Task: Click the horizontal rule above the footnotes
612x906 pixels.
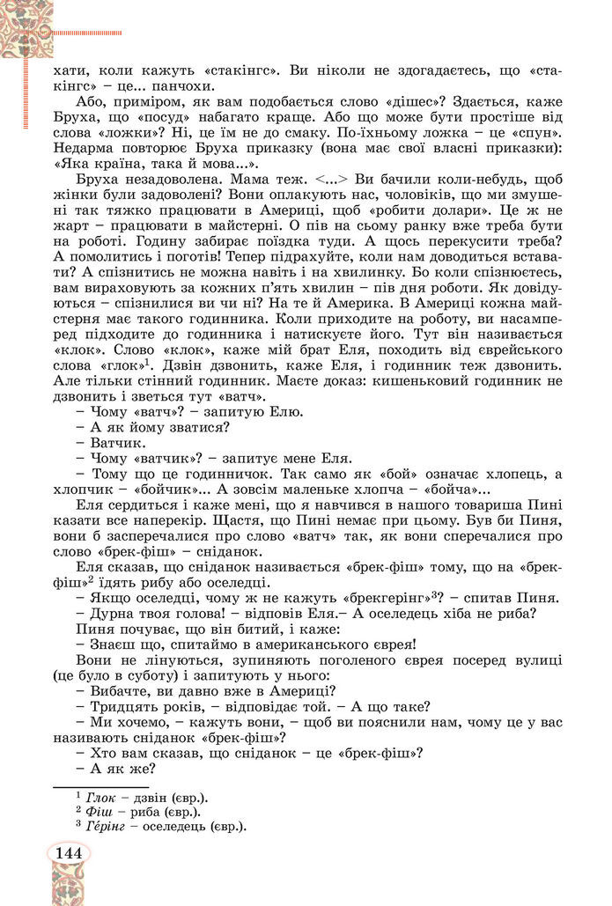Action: (x=102, y=786)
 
